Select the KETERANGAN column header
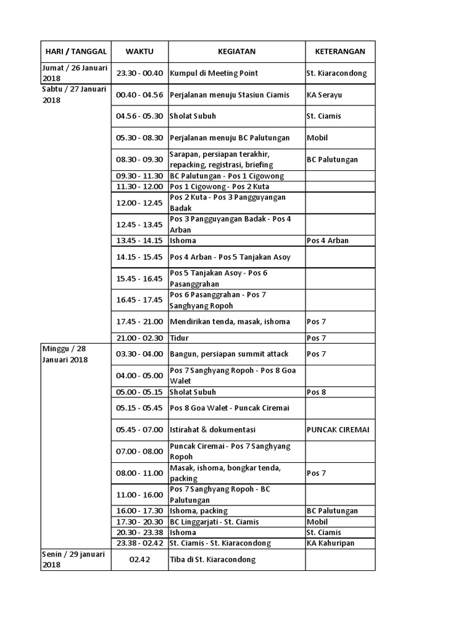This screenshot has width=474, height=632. click(x=340, y=51)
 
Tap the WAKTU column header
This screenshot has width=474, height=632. click(x=139, y=51)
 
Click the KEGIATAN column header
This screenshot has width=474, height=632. click(x=236, y=51)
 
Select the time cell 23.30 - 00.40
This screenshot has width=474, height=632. click(x=139, y=73)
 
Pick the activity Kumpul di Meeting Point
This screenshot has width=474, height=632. click(x=214, y=73)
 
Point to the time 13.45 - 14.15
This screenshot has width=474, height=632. click(x=139, y=241)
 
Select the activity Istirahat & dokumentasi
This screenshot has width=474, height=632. click(x=212, y=430)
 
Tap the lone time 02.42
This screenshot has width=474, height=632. click(x=139, y=560)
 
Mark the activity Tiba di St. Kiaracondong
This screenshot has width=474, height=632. click(x=212, y=560)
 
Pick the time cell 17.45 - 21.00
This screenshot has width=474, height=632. click(x=139, y=322)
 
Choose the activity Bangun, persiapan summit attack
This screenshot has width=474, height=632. click(x=229, y=354)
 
